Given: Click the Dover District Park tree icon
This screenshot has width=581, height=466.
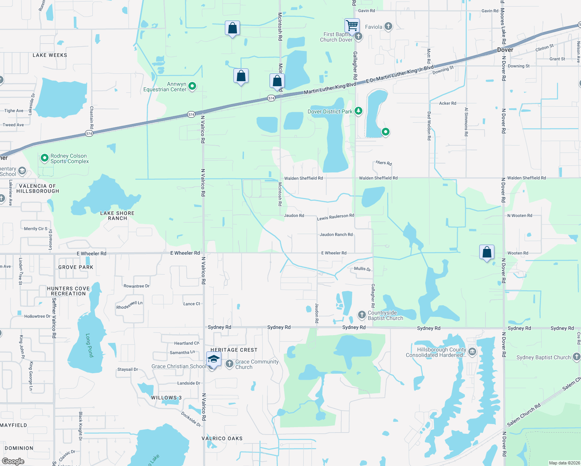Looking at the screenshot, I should (358, 111).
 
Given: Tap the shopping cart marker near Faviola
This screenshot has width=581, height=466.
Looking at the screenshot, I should (352, 26).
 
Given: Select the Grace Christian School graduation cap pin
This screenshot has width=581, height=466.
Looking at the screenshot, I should (214, 360).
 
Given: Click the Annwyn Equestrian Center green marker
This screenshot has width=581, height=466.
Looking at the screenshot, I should (192, 86).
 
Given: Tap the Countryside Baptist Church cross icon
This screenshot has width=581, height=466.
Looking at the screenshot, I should (362, 315).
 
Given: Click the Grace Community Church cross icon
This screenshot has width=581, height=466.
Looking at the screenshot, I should (230, 364).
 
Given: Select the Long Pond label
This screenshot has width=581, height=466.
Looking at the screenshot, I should (90, 345).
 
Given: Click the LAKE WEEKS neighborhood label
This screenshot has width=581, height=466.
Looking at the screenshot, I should (50, 55).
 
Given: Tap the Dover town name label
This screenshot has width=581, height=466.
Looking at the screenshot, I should (505, 50).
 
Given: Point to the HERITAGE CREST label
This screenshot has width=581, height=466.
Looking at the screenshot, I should (234, 350).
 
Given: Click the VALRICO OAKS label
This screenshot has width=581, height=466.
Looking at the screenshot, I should (222, 438).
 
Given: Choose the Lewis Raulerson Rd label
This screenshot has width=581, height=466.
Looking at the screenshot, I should (336, 217).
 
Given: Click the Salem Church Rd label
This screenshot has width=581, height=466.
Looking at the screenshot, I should (524, 415).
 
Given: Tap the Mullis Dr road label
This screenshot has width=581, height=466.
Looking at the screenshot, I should (362, 269).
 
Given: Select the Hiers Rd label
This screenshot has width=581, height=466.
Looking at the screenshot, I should (384, 163).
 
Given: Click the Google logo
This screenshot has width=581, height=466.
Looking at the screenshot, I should (13, 461).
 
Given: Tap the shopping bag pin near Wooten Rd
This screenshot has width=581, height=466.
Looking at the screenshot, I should (487, 252).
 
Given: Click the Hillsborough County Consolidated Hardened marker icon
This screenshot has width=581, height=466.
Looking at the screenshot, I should (472, 352).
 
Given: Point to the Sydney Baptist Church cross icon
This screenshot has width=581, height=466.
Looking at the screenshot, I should (577, 357).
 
